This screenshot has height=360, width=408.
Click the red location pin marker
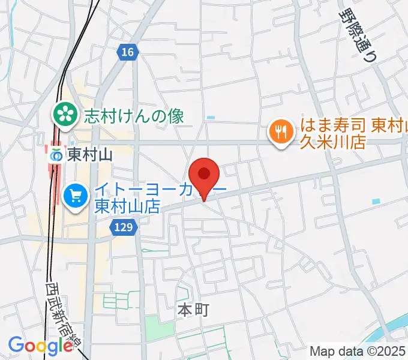pos(204,176)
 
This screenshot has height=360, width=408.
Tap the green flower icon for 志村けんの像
pos(64,114)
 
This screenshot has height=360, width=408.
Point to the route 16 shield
pos(127,53)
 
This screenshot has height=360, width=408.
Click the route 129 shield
pos(124,227)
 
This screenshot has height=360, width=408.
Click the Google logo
pos(40,346)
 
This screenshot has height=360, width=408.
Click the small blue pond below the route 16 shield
pos(209,118)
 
